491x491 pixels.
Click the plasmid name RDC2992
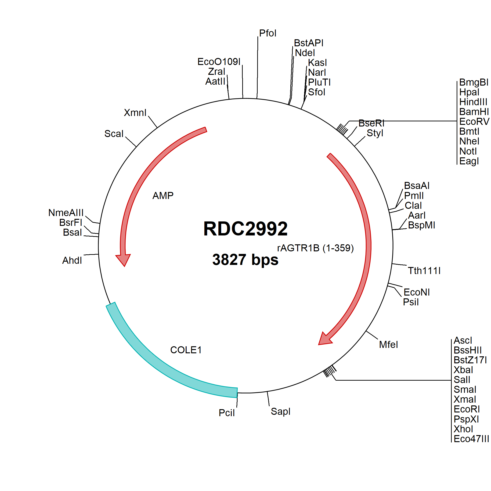pyautogui.click(x=245, y=228)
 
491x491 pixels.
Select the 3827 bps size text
pyautogui.click(x=245, y=260)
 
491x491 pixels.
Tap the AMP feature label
pyautogui.click(x=163, y=195)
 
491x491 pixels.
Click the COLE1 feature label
pyautogui.click(x=186, y=350)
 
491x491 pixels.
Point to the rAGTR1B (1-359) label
pyautogui.click(x=315, y=248)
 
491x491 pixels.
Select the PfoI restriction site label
pyautogui.click(x=268, y=33)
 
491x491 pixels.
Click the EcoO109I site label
pyautogui.click(x=219, y=61)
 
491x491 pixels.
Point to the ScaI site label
pyautogui.click(x=114, y=134)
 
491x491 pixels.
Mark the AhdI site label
pyautogui.click(x=72, y=260)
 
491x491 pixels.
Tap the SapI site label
pyautogui.click(x=280, y=411)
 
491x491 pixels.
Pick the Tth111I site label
pyautogui.click(x=424, y=271)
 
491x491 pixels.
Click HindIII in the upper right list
pyautogui.click(x=473, y=102)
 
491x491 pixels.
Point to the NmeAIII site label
pyautogui.click(x=66, y=213)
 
